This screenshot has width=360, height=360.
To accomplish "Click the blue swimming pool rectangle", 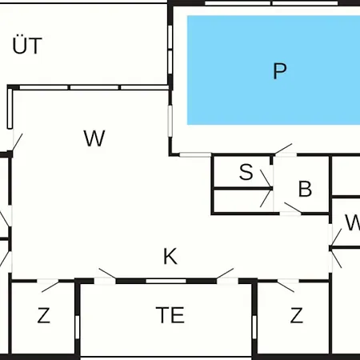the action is click(274, 70).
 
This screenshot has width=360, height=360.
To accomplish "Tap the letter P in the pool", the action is click(280, 71).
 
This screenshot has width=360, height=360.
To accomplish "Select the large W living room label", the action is click(94, 138).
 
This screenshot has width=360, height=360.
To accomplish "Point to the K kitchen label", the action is click(170, 256).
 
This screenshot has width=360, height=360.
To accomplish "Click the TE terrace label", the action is click(170, 314).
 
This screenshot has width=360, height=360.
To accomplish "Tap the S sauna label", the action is click(246, 172).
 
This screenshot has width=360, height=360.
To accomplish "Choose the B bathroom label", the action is click(305, 189).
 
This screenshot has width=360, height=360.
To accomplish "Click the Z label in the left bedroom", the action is click(43, 315).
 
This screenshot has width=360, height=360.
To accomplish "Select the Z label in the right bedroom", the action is click(296, 315).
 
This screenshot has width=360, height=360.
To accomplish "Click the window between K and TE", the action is click(166, 281).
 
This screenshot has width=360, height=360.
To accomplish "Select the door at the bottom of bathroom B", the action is click(290, 209).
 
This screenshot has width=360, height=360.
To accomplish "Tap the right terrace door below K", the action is click(227, 276).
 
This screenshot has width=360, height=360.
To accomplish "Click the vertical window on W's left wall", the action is click(10, 109).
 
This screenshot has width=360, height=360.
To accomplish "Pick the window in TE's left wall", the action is click(78, 327).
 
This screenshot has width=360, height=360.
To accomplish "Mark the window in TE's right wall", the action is click(254, 327).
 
